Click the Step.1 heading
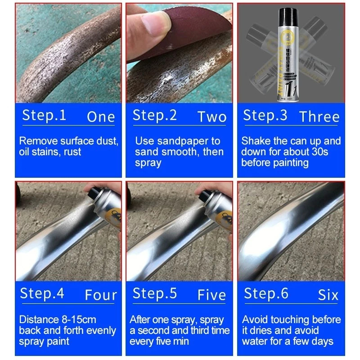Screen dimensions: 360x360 point(44,115)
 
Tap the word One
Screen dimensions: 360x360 point(101,117)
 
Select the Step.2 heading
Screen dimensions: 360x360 point(154,115)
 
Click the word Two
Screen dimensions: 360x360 point(211,117)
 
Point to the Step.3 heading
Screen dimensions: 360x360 point(265,115)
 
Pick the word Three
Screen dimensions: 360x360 point(319,117)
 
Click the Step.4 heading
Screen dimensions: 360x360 point(42,293)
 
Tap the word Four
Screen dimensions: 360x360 point(101,295)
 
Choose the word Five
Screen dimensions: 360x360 point(212,295)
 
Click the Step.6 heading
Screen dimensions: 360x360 point(266,293)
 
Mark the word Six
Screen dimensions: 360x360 point(328,295)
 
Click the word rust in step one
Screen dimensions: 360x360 point(72,152)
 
